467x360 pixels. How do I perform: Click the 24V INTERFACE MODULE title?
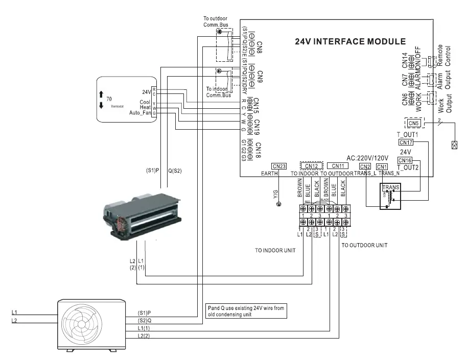coord(350,41)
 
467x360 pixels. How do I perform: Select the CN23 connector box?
coord(279,166)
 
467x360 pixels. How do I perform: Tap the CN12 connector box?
coord(312,166)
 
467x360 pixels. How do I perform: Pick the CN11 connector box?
coord(339,166)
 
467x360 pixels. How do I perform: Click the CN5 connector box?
coord(413,123)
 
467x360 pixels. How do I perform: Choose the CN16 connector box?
coord(405,160)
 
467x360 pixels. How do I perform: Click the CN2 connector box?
coord(365,166)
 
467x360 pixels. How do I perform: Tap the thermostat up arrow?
coord(102,95)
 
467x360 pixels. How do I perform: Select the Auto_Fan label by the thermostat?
coord(140,112)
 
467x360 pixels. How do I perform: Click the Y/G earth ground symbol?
coord(278,205)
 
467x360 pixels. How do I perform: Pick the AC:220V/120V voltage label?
coord(367,157)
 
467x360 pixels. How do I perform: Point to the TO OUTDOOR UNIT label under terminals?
coord(364,245)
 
